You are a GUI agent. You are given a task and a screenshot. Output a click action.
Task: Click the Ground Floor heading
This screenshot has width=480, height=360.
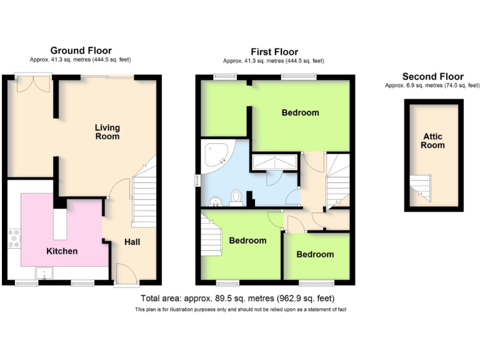point(81,51)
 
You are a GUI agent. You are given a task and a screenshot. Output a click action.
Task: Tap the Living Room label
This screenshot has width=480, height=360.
point(107,132)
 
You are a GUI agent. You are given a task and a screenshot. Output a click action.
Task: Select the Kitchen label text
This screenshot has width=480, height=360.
point(62,251)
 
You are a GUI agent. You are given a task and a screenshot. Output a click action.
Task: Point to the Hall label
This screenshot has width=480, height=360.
point(132,242)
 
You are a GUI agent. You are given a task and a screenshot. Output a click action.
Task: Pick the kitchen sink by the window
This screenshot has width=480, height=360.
point(44,272)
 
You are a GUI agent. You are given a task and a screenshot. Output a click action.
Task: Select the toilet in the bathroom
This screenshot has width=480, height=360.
point(236,197)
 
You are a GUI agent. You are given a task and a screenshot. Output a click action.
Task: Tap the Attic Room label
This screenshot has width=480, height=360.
point(432,141)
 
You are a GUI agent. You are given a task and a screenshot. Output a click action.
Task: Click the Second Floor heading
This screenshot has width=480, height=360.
point(432,77)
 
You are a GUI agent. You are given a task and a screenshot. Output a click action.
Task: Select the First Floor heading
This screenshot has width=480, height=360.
point(274,52)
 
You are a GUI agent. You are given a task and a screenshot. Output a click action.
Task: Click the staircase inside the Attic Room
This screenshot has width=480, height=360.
point(420,188)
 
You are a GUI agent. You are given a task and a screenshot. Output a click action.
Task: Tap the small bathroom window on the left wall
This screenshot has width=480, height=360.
point(197,179)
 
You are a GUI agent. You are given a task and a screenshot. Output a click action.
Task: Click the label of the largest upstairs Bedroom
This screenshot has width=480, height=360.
point(300,113)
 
